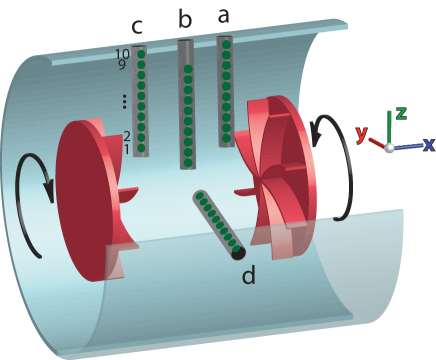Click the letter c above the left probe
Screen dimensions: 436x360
click(136, 26)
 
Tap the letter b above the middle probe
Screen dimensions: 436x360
click(185, 19)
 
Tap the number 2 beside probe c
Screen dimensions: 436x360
click(126, 136)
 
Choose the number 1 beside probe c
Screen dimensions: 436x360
click(126, 149)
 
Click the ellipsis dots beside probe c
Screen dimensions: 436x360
click(124, 100)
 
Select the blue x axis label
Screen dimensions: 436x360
click(428, 144)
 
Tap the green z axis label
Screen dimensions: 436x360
click(400, 112)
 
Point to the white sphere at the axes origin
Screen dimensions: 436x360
click(390, 148)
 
